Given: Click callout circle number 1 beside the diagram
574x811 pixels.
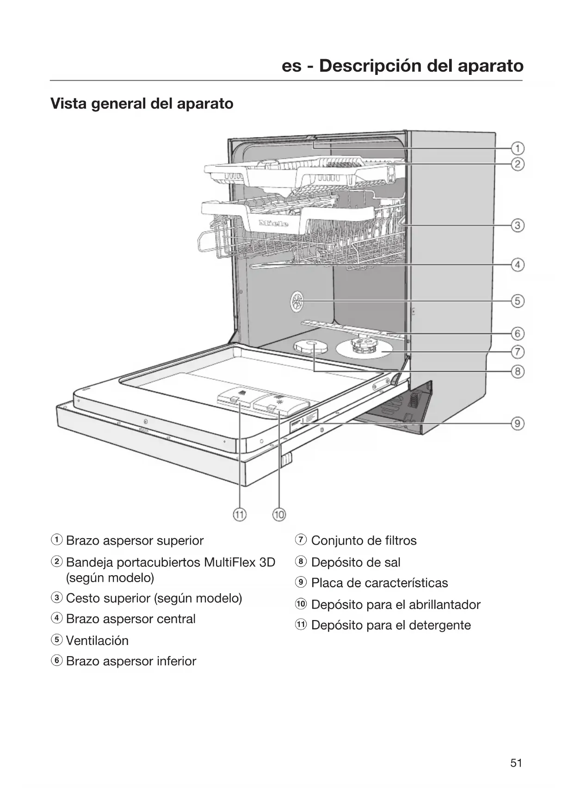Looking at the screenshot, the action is (518, 148).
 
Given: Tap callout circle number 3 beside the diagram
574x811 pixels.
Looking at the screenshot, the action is (518, 226).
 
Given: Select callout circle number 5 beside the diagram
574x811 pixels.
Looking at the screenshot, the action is (518, 301).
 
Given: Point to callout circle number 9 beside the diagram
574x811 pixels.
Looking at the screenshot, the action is (518, 423).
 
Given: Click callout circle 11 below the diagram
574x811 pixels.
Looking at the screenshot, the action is (240, 514).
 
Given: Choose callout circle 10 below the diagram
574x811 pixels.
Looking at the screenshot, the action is (279, 514).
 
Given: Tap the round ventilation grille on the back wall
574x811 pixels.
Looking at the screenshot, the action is (296, 302).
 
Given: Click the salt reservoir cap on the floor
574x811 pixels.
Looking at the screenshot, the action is (308, 346).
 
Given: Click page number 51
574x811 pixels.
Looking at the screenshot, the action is (516, 763).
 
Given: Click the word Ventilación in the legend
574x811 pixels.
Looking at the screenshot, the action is (97, 640).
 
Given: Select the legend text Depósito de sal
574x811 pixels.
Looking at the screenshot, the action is (356, 562).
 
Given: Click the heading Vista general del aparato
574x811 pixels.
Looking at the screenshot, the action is (142, 103).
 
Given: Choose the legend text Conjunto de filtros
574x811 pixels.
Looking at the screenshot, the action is (364, 541).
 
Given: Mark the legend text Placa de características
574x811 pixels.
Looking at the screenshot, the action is (379, 583).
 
